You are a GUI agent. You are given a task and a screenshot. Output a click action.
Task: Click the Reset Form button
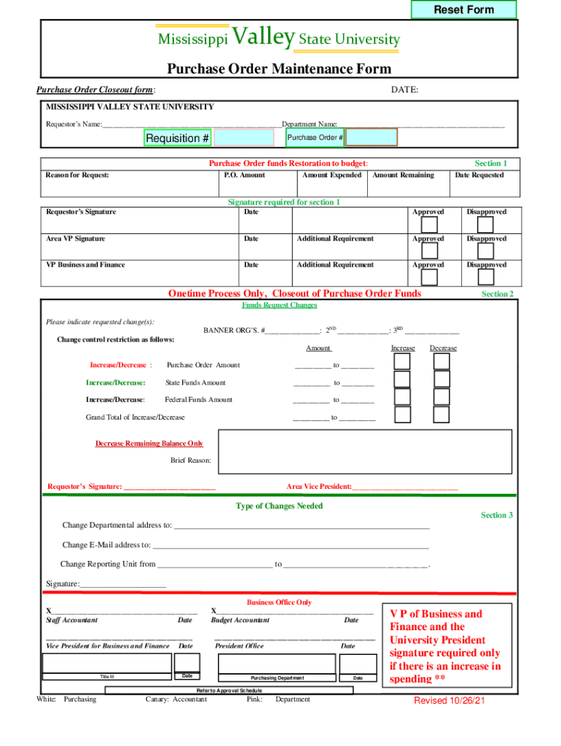(463, 9)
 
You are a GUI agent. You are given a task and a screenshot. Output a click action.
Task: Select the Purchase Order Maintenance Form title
(279, 69)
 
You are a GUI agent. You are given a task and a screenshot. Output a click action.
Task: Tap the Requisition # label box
(178, 138)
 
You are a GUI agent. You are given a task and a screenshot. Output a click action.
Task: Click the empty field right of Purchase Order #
(372, 138)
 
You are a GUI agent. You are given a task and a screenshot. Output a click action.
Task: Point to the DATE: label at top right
(404, 90)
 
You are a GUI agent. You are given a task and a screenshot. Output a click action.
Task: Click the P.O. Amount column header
(244, 175)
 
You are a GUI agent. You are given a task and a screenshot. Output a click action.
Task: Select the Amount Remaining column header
(403, 175)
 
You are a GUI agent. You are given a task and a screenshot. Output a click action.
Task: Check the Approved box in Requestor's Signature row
(428, 225)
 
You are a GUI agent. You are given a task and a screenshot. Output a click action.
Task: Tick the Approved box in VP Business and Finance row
(428, 278)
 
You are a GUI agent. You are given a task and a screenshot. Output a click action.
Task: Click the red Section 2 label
(498, 294)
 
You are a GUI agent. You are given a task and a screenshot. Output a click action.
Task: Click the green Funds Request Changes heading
(279, 305)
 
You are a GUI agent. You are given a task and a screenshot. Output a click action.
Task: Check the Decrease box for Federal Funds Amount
(442, 396)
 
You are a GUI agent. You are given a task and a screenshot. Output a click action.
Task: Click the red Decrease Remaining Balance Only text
(149, 443)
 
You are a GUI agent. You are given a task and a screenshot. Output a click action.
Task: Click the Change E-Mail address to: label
(106, 544)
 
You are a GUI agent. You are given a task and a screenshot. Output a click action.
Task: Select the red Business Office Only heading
(279, 602)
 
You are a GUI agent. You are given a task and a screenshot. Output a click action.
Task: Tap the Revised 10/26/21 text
(450, 700)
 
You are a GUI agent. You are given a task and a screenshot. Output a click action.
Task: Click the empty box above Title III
(107, 663)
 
